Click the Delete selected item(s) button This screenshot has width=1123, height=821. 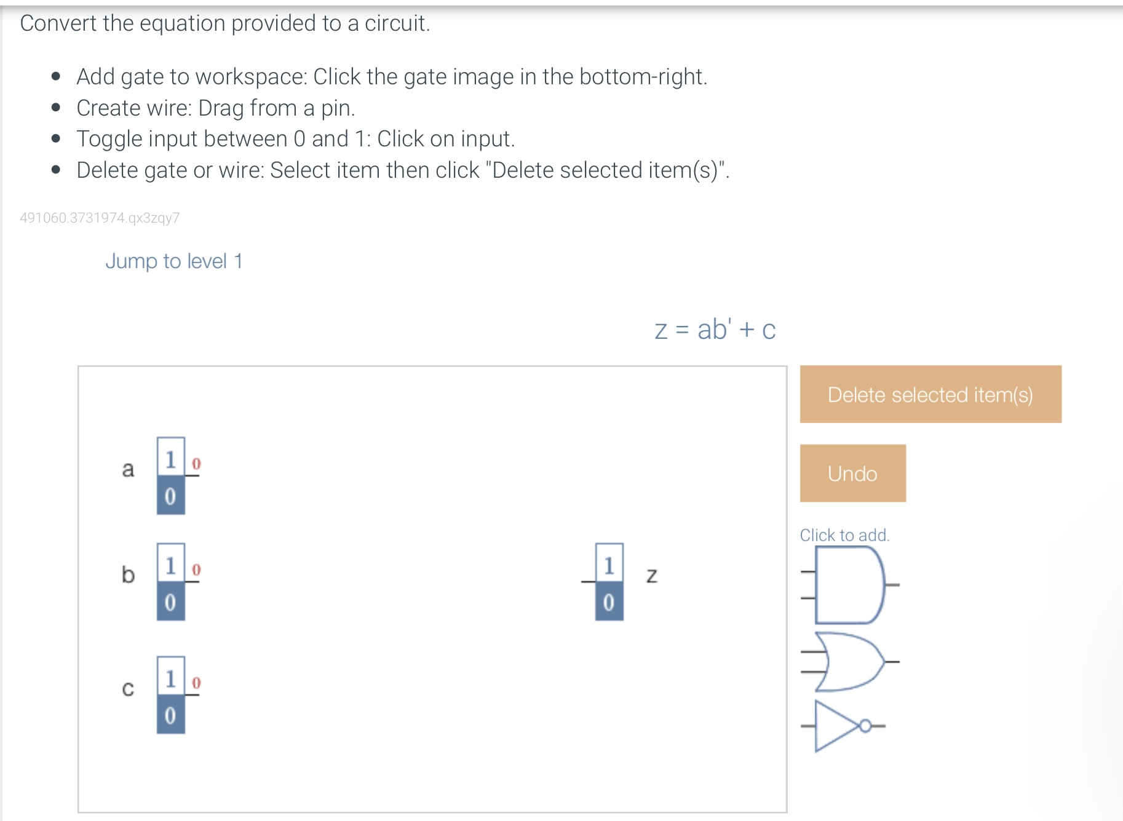click(930, 394)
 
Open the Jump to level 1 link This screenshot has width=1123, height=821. click(174, 261)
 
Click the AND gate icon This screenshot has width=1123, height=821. click(849, 585)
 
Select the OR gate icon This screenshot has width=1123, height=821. click(849, 662)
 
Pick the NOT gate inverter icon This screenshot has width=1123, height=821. click(841, 726)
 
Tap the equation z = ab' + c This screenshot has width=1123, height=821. click(715, 330)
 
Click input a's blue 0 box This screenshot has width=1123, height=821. click(170, 495)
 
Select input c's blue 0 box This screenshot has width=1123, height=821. click(170, 715)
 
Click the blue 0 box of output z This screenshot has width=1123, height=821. click(609, 601)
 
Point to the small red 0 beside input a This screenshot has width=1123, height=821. click(196, 464)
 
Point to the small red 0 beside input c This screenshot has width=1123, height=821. click(196, 683)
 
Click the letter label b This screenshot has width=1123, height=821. click(128, 574)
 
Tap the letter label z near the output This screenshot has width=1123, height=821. click(652, 575)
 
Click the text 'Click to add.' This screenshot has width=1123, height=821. click(844, 535)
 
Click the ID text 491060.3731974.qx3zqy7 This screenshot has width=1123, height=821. click(100, 218)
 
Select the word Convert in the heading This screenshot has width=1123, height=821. click(58, 23)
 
